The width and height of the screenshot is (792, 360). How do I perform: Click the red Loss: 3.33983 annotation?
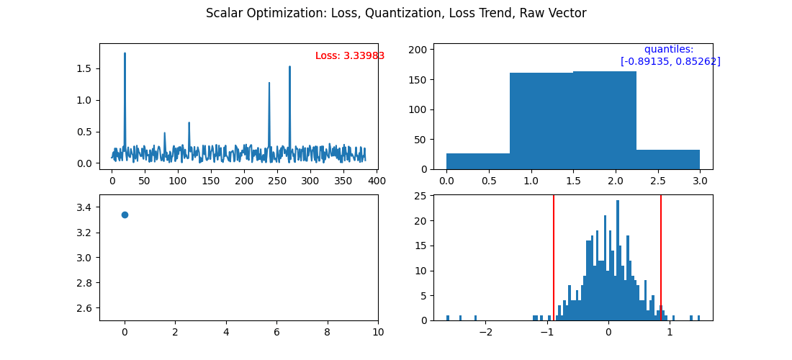coord(350,56)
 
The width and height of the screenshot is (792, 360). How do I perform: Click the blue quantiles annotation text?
coord(670,55)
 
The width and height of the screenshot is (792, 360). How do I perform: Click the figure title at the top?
coord(396,13)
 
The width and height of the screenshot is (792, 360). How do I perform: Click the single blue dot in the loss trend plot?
coord(125,215)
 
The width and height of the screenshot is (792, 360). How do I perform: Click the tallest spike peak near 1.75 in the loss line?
coord(125,54)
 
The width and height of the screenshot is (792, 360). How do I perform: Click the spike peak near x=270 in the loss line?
coord(289,68)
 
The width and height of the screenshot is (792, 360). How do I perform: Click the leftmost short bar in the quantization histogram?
coord(478,161)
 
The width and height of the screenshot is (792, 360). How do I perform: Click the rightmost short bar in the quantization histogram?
coord(668,160)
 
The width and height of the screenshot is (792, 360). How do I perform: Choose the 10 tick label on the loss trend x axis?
coord(378,332)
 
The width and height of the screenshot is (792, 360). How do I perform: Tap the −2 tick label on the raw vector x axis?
coord(485,332)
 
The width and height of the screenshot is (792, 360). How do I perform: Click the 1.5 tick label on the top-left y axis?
coord(84,68)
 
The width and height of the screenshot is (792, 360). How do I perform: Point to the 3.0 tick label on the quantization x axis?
coord(700,181)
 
